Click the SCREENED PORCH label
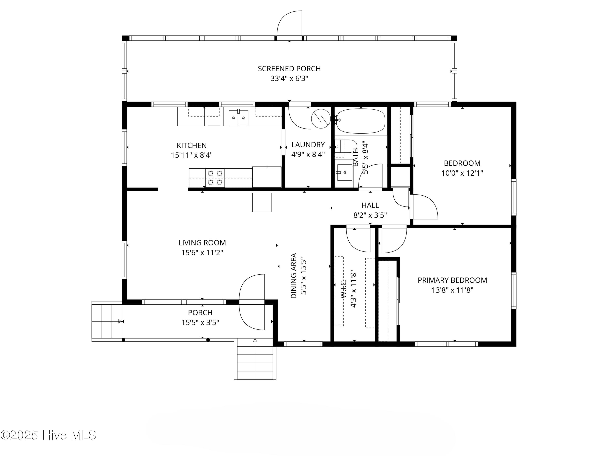click(289, 69)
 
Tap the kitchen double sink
click(238, 118)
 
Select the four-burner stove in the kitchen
click(215, 178)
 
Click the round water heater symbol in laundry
click(321, 119)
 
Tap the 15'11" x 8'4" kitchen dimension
click(192, 155)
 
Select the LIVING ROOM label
click(202, 243)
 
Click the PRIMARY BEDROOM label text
click(452, 280)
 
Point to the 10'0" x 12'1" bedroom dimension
click(462, 173)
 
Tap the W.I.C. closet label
click(344, 289)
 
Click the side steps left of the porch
click(107, 321)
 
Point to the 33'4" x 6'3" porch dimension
click(289, 79)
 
